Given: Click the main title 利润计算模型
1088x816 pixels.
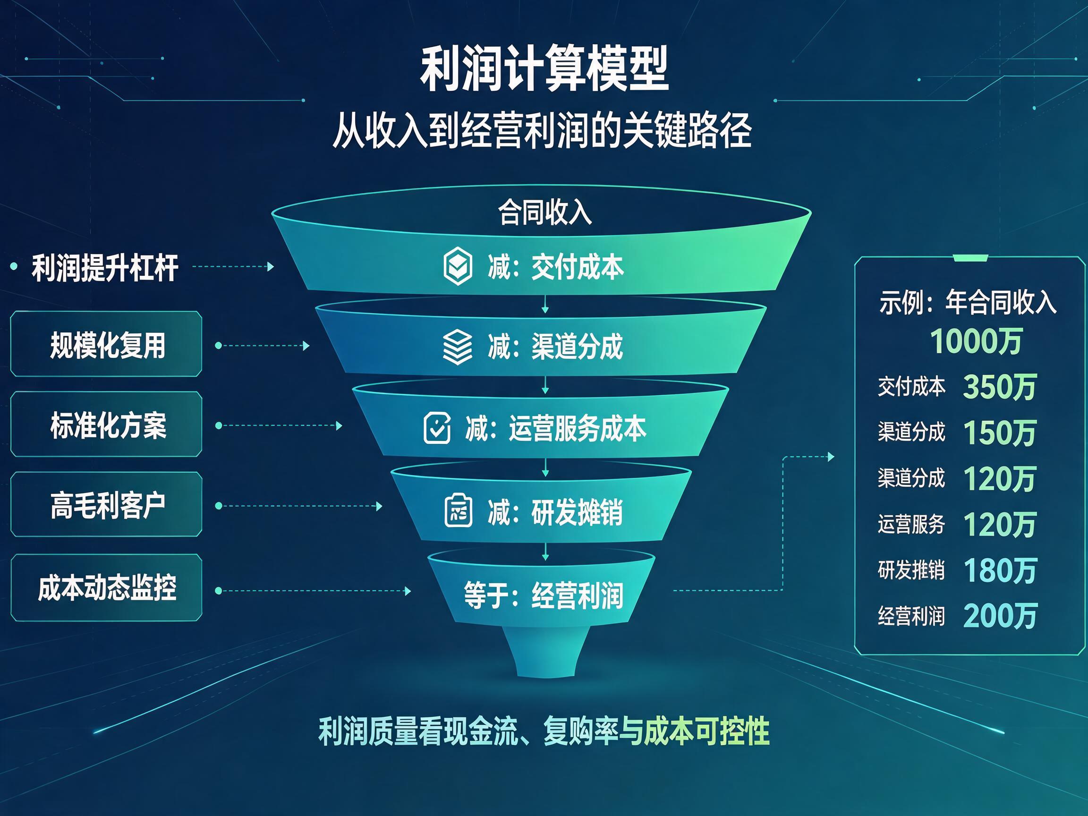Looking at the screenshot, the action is (x=544, y=68).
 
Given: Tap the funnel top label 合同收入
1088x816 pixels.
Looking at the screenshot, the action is (x=544, y=212).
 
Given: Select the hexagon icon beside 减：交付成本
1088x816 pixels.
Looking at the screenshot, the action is (x=458, y=266).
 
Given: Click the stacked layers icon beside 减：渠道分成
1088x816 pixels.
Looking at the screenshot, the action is (x=458, y=347).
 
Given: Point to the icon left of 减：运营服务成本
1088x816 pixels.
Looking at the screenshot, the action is (x=437, y=428).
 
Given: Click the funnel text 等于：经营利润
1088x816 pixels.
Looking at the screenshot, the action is (x=544, y=595).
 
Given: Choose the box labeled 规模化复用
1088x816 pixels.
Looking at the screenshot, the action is (x=106, y=344).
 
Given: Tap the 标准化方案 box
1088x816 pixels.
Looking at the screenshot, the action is (x=106, y=425).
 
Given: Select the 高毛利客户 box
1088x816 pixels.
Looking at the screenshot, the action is (x=106, y=505).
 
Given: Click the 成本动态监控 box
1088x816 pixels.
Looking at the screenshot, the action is (x=106, y=587).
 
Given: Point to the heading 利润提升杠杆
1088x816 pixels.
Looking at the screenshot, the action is (x=105, y=268).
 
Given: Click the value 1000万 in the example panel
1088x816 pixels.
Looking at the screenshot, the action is (x=976, y=341).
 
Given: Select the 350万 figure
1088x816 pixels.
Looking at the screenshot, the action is (x=1000, y=387).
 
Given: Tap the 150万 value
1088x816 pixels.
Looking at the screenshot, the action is (x=1000, y=433).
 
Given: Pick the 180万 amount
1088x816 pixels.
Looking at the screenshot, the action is (x=1000, y=570).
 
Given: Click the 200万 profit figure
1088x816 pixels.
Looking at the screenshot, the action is (x=1000, y=616).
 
